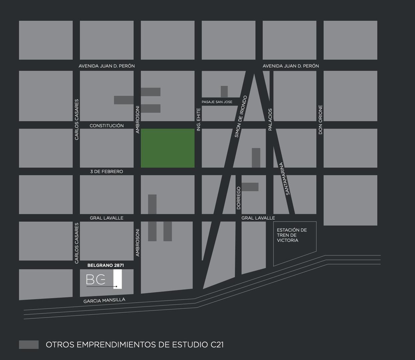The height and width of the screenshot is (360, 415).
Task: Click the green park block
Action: tap(167, 148)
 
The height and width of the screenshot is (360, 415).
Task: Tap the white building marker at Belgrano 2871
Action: tap(118, 279)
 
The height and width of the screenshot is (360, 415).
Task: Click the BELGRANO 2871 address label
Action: tap(106, 265)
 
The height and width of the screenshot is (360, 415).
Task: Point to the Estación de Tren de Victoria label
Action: tap(292, 235)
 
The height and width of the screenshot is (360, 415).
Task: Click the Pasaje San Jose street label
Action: tap(217, 102)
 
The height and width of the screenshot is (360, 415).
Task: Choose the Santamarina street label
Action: tap(284, 178)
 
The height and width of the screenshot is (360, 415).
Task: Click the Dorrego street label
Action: tap(238, 198)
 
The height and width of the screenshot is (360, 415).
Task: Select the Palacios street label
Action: tap(270, 119)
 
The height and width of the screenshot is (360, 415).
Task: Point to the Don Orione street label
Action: tap(320, 120)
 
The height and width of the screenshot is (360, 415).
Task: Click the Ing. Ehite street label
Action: tap(198, 119)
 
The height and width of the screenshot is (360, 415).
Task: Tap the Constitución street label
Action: tap(107, 126)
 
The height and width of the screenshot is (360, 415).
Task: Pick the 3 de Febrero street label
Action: tap(107, 172)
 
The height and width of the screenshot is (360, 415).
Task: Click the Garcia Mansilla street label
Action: tap(104, 300)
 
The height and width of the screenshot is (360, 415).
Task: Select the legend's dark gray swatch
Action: tap(29, 345)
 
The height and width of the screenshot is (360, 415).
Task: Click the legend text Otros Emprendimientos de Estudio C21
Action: tap(135, 345)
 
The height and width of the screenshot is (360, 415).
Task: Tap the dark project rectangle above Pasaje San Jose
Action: tap(224, 92)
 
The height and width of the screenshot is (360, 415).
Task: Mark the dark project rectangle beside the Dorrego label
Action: tap(250, 187)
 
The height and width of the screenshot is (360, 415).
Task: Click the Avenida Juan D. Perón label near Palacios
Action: tap(291, 66)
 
